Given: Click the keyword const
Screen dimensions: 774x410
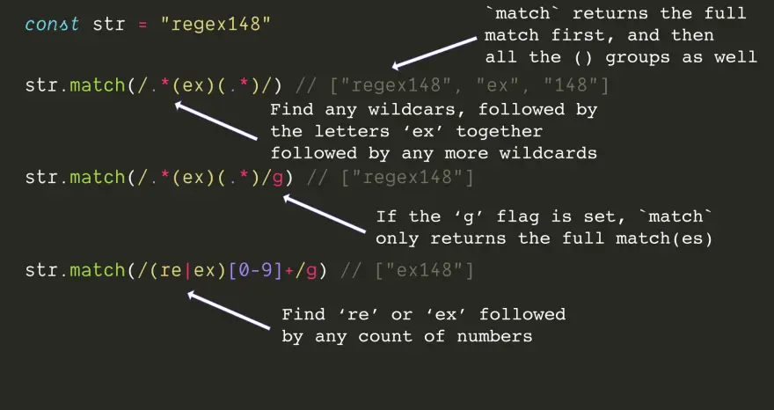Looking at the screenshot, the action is click(x=52, y=24).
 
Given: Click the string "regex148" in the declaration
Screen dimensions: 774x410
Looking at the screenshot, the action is click(x=216, y=25).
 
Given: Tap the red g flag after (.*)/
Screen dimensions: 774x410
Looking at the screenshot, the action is click(x=277, y=179).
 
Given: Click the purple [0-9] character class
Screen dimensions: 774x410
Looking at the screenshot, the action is click(x=255, y=271).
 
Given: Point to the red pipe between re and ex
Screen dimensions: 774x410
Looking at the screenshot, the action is click(x=187, y=271).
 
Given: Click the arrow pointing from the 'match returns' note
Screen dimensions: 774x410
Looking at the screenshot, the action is click(x=434, y=53).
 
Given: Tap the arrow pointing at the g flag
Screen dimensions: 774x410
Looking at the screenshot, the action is click(x=324, y=214).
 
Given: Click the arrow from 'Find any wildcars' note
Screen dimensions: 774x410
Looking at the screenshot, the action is click(x=216, y=121).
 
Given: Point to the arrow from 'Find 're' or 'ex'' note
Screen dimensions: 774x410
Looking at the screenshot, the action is click(x=229, y=311).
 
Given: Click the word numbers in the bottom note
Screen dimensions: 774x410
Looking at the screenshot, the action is click(x=494, y=337).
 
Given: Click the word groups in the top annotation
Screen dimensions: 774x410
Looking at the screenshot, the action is click(x=638, y=58).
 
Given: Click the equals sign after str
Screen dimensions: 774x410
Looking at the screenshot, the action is click(x=142, y=25).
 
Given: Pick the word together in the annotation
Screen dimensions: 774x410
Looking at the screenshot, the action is click(x=499, y=132).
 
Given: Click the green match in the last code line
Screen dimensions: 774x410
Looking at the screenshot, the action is click(x=98, y=270).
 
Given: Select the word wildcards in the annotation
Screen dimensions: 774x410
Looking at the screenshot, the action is click(x=548, y=153).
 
